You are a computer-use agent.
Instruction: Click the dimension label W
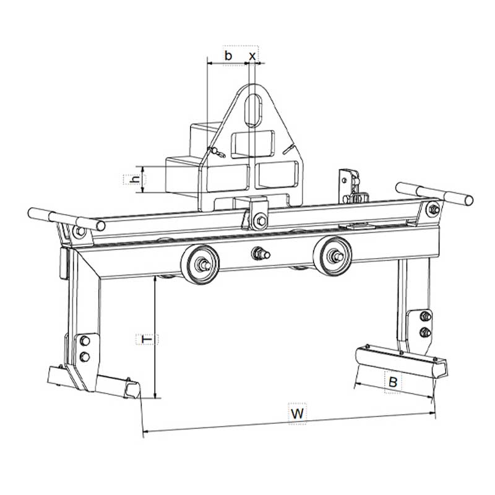[298, 413]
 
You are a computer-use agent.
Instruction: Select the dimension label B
[393, 382]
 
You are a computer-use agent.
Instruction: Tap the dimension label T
[147, 339]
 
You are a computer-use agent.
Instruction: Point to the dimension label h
[135, 179]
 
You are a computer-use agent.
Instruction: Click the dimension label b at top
[228, 56]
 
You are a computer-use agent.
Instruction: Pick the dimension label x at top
[252, 56]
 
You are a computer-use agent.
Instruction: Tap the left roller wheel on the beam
[200, 264]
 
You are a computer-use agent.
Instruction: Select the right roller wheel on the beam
[332, 256]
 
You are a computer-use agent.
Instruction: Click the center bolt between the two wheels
[260, 254]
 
